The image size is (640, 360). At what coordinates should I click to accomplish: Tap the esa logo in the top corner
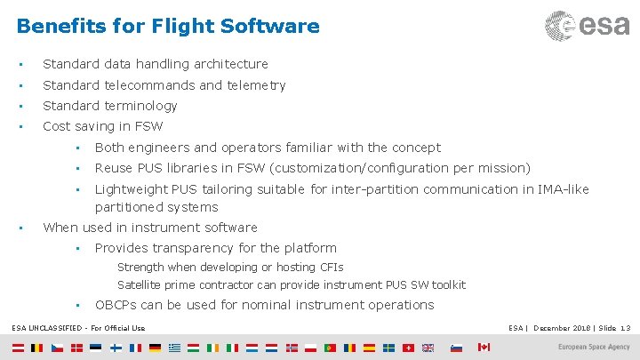587,25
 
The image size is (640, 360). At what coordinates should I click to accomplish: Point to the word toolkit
449,284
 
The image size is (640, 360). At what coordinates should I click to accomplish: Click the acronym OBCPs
116,305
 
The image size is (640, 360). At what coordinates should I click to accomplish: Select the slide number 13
625,328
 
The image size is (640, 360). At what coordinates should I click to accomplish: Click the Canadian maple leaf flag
484,347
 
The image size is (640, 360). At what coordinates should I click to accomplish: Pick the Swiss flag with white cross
407,348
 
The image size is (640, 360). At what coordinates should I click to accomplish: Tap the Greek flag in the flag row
174,348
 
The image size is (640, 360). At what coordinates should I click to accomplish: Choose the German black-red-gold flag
155,348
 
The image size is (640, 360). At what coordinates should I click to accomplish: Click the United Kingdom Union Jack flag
427,348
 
